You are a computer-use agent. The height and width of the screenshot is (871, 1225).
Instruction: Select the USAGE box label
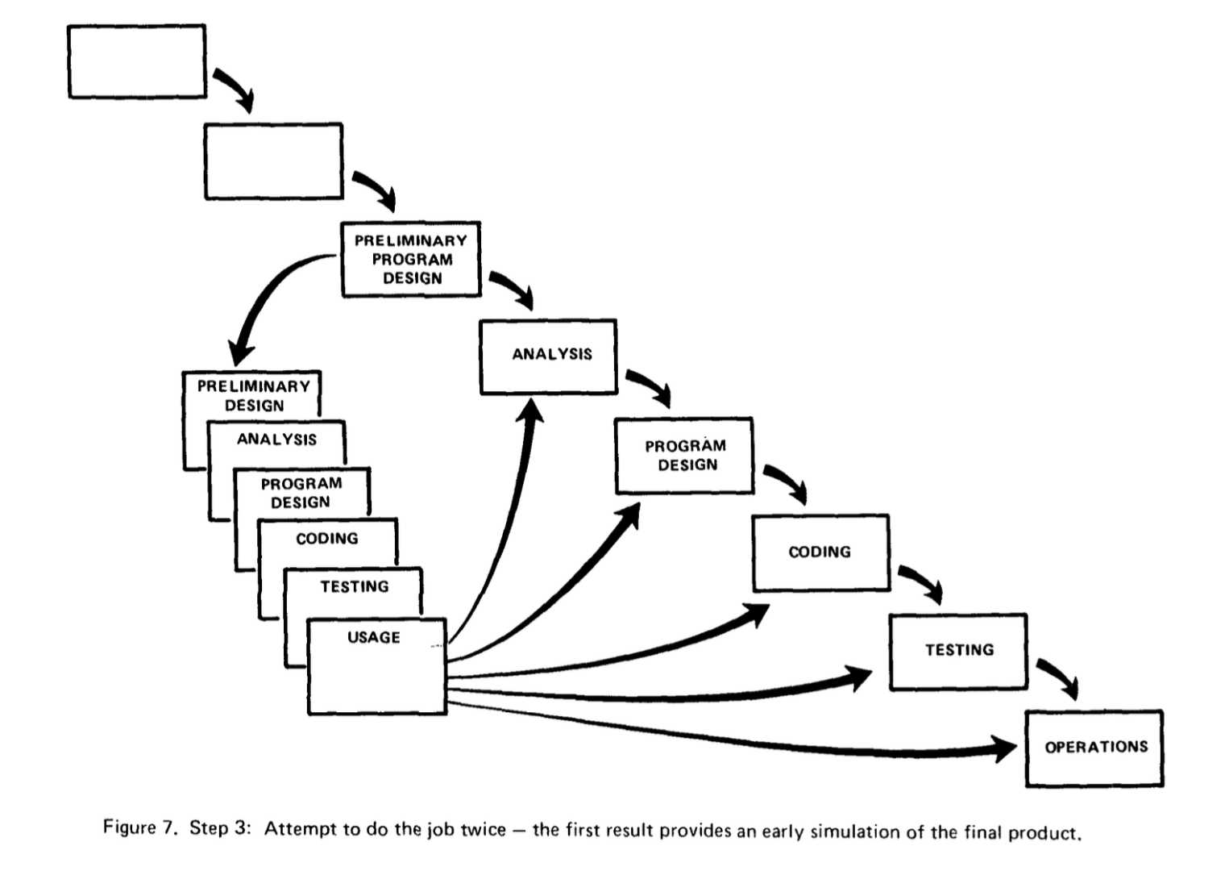374,637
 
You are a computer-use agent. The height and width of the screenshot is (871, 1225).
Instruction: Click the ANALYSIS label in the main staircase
552,355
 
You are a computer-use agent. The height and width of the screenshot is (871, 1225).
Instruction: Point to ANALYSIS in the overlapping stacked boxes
276,440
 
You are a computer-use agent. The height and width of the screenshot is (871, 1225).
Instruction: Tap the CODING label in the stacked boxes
327,539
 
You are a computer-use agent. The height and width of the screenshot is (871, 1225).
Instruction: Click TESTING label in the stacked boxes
355,587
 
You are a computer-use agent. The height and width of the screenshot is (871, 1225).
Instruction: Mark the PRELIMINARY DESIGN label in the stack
255,396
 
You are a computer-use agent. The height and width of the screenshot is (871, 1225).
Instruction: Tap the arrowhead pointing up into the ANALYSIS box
530,410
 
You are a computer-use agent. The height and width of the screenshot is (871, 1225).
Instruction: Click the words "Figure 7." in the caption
140,827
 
